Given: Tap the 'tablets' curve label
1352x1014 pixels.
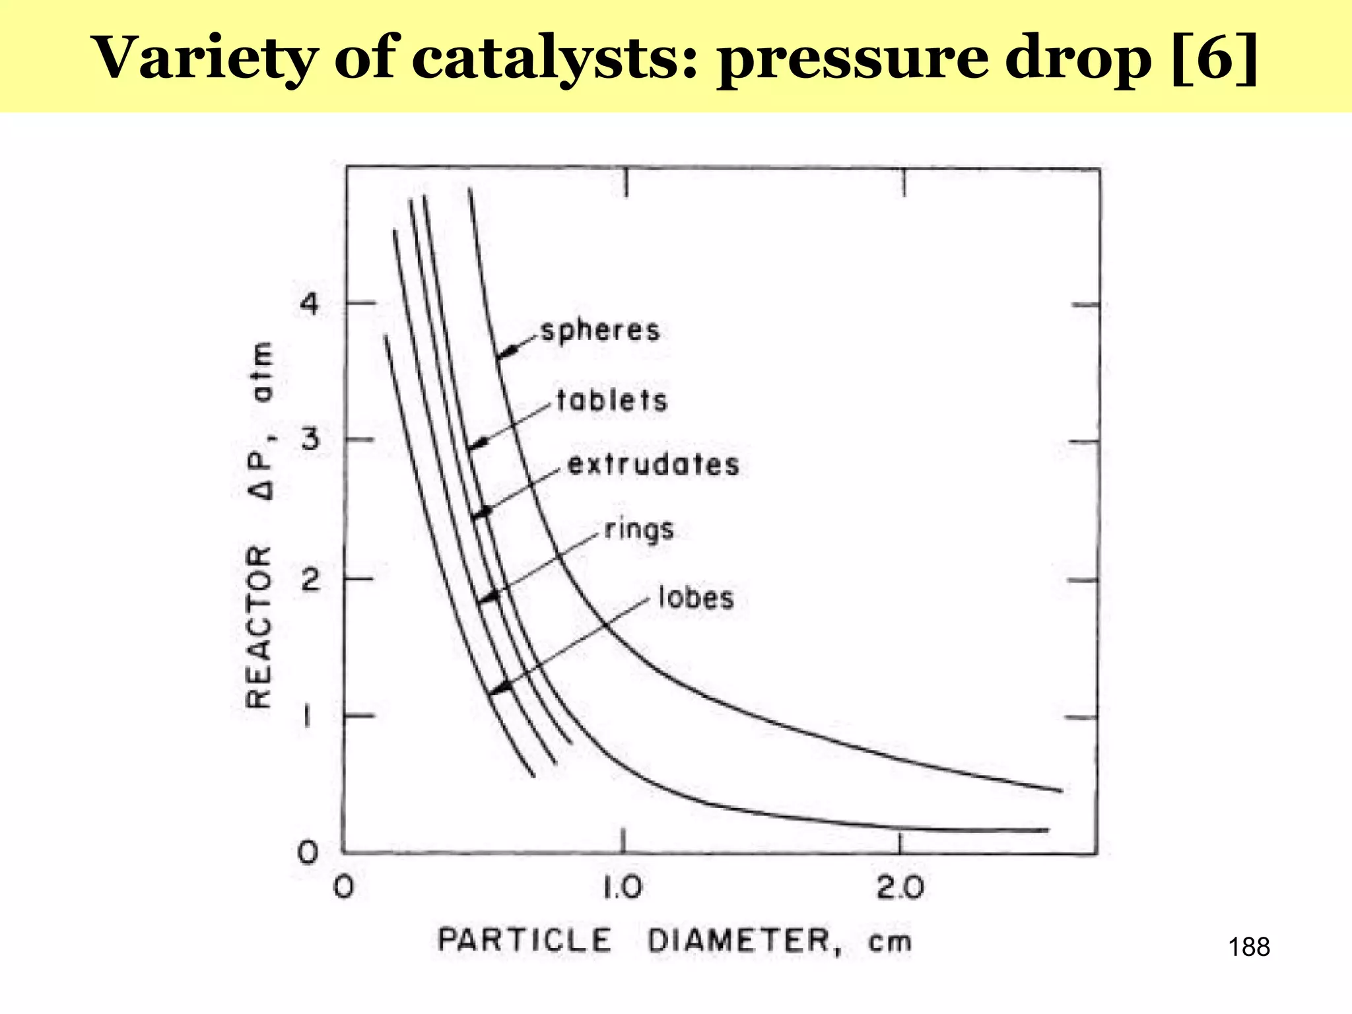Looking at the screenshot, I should point(612,401).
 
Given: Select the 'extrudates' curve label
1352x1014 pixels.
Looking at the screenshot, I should point(654,465).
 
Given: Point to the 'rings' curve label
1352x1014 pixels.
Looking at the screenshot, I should point(639,530).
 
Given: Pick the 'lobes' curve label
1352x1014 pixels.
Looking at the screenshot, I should point(696,598).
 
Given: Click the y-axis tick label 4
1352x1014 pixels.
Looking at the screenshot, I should point(309,304).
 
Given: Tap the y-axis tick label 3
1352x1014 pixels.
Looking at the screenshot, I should point(310,439).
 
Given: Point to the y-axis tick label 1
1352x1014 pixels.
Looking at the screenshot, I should point(307,717).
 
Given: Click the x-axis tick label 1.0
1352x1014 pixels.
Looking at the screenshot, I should point(623,888).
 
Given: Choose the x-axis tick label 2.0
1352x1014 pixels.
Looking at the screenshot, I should point(900,888).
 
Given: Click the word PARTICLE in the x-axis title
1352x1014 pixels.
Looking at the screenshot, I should point(525,941).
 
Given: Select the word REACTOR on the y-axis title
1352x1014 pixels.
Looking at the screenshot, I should point(259,626).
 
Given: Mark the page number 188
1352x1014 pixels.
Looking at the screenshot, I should point(1248,947).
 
